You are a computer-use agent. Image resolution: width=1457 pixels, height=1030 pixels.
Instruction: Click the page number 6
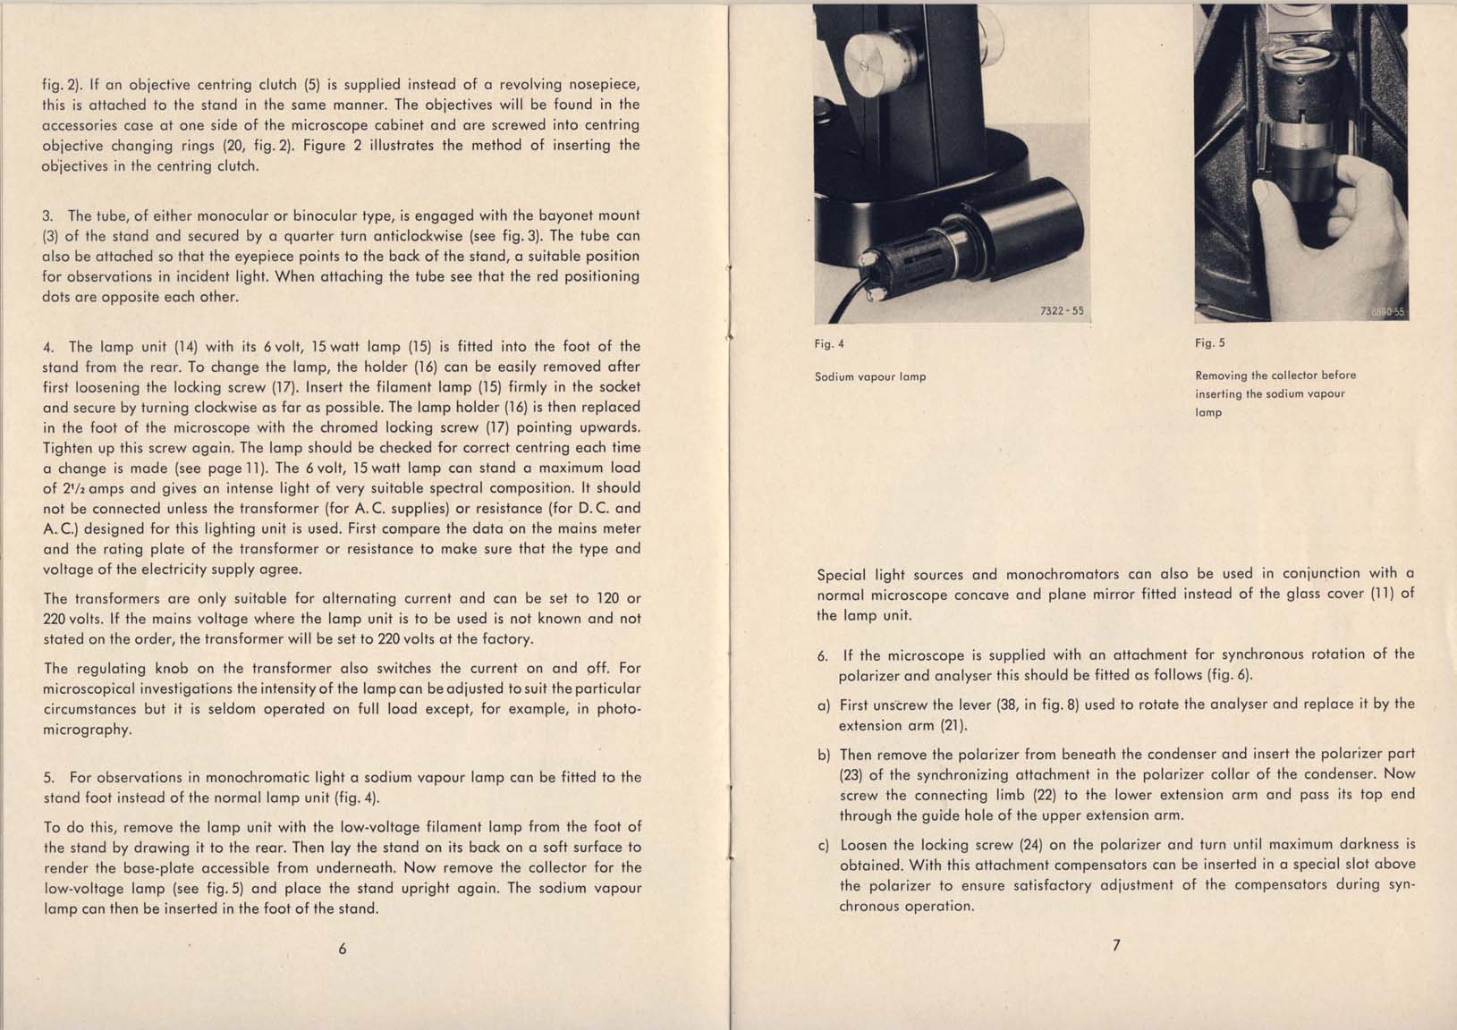click(343, 949)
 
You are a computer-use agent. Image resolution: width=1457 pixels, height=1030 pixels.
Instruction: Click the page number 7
click(1116, 945)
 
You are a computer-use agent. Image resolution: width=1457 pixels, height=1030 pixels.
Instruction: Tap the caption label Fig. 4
click(829, 344)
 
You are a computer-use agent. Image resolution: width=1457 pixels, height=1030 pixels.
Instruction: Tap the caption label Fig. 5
click(1210, 343)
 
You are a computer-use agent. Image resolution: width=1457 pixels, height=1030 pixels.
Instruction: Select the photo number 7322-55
click(1062, 311)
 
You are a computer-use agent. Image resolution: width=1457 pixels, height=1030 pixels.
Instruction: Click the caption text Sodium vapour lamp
click(870, 376)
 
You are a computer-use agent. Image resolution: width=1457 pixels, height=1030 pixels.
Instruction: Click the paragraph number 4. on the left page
click(48, 347)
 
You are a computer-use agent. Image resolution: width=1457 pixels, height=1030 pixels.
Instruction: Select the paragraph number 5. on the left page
click(48, 778)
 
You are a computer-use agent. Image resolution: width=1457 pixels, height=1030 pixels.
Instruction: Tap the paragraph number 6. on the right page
click(822, 655)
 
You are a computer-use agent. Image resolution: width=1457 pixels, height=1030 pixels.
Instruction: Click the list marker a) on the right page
click(823, 705)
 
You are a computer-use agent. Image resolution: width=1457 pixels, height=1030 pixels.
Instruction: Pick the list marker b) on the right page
click(823, 755)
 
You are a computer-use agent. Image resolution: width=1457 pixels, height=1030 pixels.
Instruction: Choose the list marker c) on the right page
click(823, 845)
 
